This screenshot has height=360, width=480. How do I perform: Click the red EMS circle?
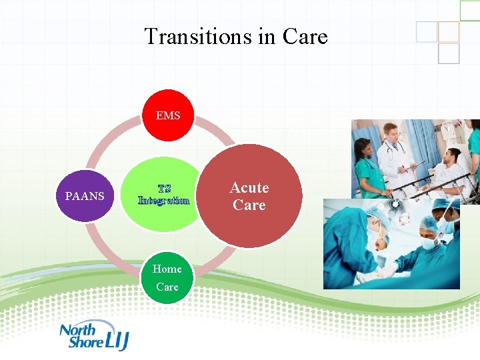click(168, 115)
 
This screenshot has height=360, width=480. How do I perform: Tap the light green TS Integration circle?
click(164, 195)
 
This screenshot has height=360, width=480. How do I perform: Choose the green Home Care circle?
click(167, 277)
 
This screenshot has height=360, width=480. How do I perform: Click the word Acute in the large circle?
click(249, 188)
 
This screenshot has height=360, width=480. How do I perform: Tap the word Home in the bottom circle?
click(167, 269)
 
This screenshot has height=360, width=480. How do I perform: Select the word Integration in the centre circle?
click(164, 200)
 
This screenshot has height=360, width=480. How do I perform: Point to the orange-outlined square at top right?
click(449, 31)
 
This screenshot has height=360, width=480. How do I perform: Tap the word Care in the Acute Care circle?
click(249, 205)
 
